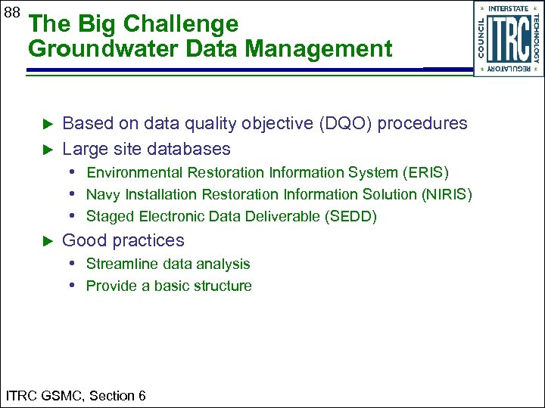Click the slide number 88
11,13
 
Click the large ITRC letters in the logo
508,39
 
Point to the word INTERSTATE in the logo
509,8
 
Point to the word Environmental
135,172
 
